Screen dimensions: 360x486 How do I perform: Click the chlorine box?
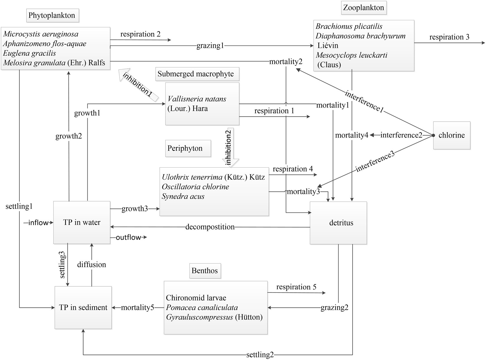pyautogui.click(x=451, y=135)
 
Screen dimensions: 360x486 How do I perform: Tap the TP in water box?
pyautogui.click(x=82, y=222)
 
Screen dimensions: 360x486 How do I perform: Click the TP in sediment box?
pyautogui.click(x=83, y=308)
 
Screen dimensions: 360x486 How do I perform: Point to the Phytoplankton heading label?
pyautogui.click(x=52, y=15)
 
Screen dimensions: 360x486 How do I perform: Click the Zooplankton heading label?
pyautogui.click(x=363, y=7)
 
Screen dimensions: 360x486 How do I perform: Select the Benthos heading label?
pyautogui.click(x=204, y=271)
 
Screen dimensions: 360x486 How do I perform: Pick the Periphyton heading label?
pyautogui.click(x=185, y=148)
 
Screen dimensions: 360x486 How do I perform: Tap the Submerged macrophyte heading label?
pyautogui.click(x=196, y=74)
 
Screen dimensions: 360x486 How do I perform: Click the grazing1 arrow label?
pyautogui.click(x=210, y=46)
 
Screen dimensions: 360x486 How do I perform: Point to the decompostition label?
pyautogui.click(x=210, y=227)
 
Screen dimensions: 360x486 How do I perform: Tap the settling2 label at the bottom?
pyautogui.click(x=260, y=355)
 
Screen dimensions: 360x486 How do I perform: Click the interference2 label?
pyautogui.click(x=401, y=135)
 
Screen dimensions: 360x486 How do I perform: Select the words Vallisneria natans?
pyautogui.click(x=197, y=99)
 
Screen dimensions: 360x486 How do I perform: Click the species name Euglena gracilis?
pyautogui.click(x=29, y=53)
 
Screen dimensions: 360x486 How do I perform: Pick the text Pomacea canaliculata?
pyautogui.click(x=202, y=308)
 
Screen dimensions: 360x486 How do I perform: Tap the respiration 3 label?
pyautogui.click(x=449, y=37)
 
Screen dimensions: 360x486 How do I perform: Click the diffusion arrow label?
pyautogui.click(x=91, y=265)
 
